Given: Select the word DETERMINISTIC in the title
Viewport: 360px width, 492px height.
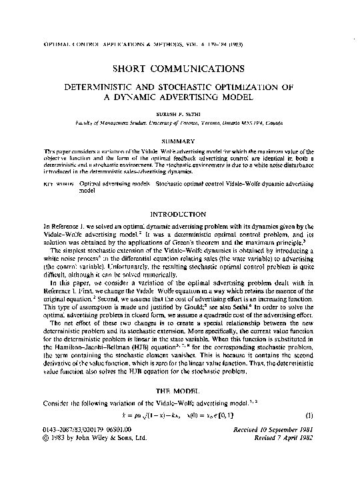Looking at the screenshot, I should point(118,86).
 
